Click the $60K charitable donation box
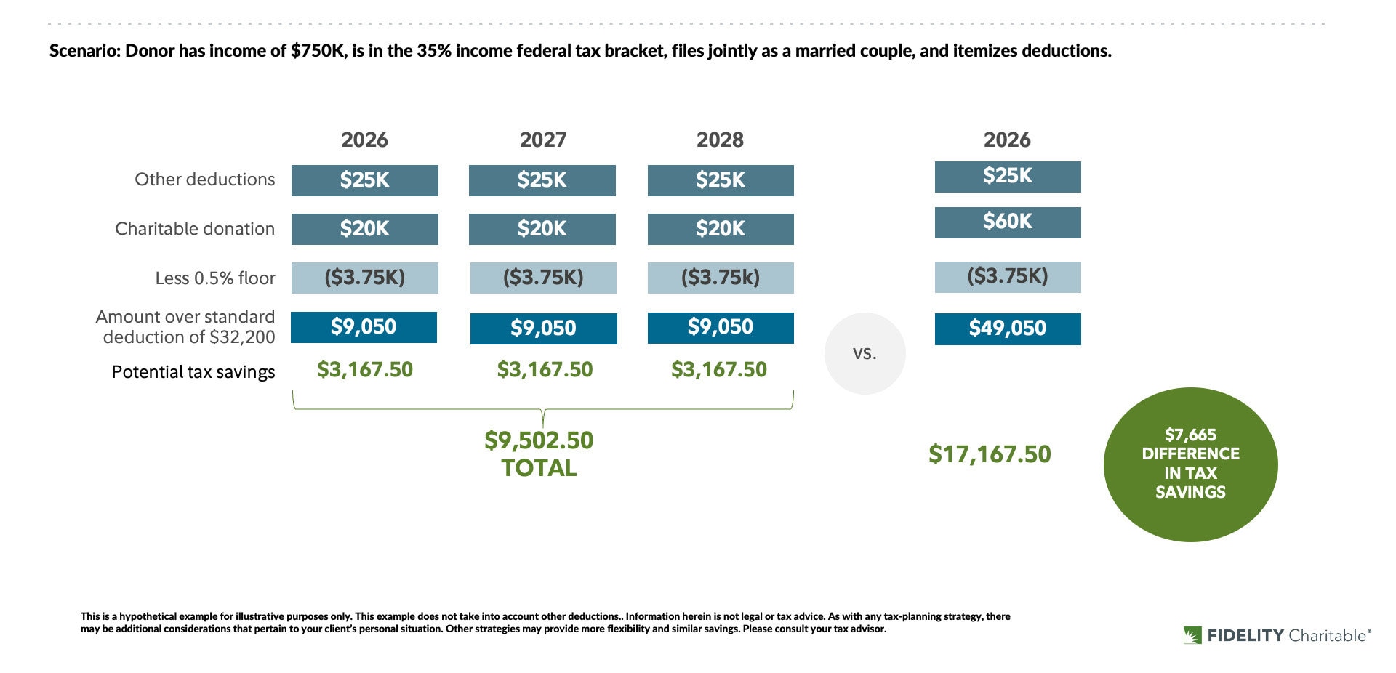[1007, 222]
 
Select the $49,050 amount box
[1007, 329]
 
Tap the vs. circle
[865, 354]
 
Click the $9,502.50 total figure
[539, 440]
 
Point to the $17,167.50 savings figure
[990, 454]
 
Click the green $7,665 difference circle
[1190, 464]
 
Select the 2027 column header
[542, 140]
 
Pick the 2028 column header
[720, 140]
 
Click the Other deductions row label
[204, 180]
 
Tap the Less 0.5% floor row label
[214, 278]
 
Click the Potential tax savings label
[193, 372]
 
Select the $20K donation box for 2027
[542, 229]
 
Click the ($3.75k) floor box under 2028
[720, 278]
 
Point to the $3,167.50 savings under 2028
[718, 370]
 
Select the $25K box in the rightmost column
[1007, 177]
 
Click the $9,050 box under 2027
[543, 329]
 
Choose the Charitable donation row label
[195, 229]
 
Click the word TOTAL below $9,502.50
[539, 469]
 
